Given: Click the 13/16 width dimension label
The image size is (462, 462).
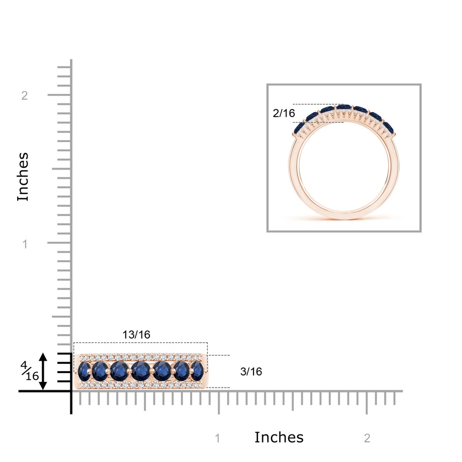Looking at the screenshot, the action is click(136, 335).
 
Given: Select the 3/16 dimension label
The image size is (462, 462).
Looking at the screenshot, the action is click(251, 372).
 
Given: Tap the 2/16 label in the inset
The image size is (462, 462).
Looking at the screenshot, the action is click(284, 113).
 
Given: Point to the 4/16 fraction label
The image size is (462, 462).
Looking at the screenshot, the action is click(29, 371).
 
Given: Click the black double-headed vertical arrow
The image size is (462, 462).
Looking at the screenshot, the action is click(43, 372).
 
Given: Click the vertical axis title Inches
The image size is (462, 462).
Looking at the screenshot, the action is click(23, 177).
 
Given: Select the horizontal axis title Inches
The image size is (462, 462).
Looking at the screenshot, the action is click(279, 437).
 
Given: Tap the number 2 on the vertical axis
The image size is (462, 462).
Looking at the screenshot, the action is click(25, 95).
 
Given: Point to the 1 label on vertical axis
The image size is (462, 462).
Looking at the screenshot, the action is click(25, 244).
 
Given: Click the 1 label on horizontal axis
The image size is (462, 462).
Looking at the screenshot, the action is click(218, 438).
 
